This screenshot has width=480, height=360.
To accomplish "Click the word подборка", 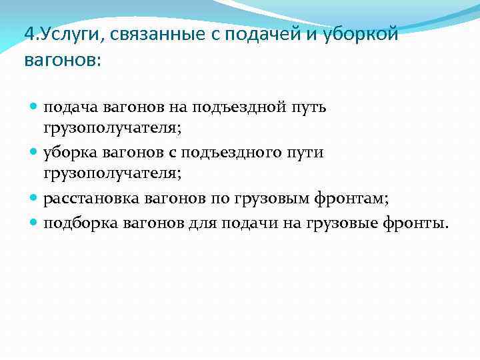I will coord(79,222).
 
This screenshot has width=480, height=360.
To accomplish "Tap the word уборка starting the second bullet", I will coord(71,153).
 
